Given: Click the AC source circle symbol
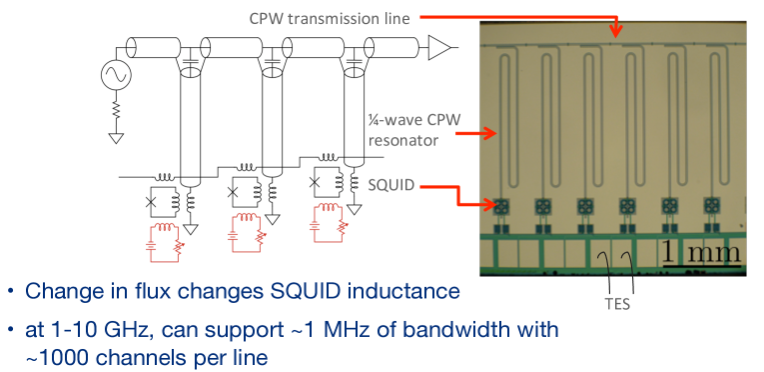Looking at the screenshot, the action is pyautogui.click(x=117, y=75).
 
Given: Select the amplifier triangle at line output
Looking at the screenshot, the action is pyautogui.click(x=438, y=47).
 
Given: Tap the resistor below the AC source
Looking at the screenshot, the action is pyautogui.click(x=117, y=111).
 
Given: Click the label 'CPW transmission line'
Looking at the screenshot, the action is pyautogui.click(x=330, y=19).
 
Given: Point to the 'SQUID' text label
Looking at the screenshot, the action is pyautogui.click(x=391, y=186).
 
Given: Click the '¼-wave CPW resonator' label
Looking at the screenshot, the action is pyautogui.click(x=413, y=130).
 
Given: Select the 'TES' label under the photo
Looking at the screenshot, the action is pyautogui.click(x=618, y=304).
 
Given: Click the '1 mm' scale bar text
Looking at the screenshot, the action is pyautogui.click(x=701, y=253).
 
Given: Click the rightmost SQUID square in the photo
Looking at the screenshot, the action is pyautogui.click(x=711, y=207).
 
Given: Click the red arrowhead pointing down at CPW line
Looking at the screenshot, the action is pyautogui.click(x=617, y=32).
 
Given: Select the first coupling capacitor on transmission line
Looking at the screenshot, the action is pyautogui.click(x=191, y=62).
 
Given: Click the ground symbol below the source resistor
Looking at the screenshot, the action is pyautogui.click(x=117, y=138).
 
